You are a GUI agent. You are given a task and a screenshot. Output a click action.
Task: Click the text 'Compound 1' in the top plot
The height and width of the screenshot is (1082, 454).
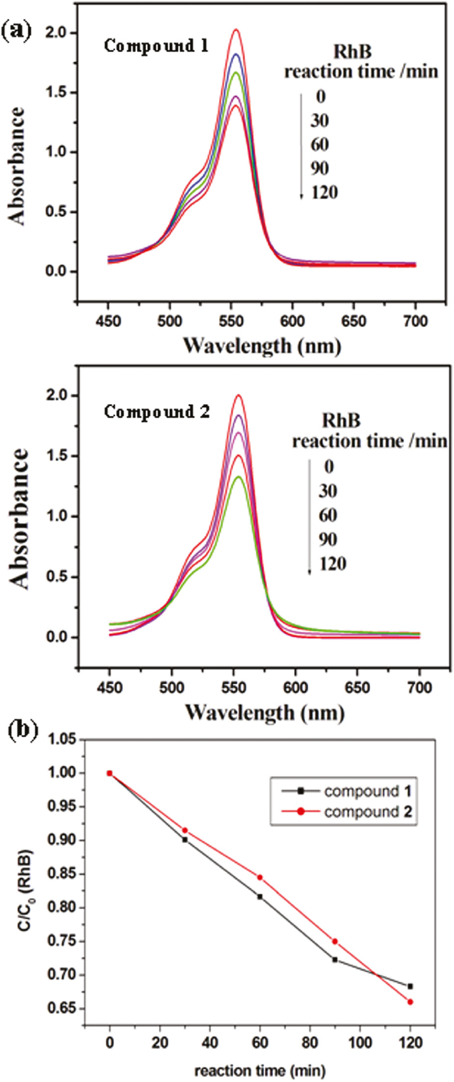[156, 46]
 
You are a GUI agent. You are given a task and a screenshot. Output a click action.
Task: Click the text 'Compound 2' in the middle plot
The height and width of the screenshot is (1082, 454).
[157, 412]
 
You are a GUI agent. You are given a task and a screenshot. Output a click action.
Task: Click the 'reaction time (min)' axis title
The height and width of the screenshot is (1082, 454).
[260, 1070]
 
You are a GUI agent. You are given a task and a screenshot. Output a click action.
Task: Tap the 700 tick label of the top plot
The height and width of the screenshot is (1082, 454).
[415, 321]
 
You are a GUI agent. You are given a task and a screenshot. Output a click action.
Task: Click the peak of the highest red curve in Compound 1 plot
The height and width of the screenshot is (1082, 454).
[236, 30]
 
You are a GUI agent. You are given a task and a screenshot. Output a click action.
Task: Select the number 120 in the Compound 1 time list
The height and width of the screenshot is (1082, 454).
[323, 192]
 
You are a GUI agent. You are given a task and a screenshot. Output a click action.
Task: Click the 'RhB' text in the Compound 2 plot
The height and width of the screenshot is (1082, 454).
[341, 420]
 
